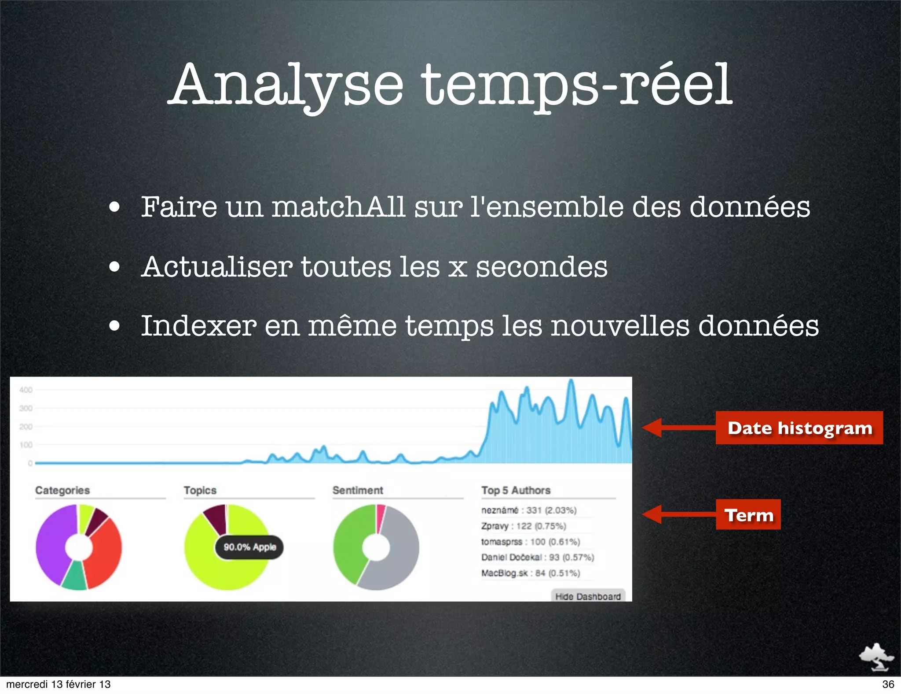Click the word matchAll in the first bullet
(x=338, y=207)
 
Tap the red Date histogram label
(x=799, y=428)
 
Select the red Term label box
(x=748, y=515)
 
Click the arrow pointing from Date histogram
(x=678, y=428)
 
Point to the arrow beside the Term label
(x=678, y=514)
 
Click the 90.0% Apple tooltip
(x=249, y=547)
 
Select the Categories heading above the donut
(x=62, y=491)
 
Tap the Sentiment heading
(x=358, y=491)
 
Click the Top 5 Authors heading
(x=516, y=491)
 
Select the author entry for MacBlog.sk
(x=531, y=573)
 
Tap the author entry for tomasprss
(x=531, y=542)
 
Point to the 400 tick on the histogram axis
(x=26, y=390)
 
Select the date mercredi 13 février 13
(x=59, y=684)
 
